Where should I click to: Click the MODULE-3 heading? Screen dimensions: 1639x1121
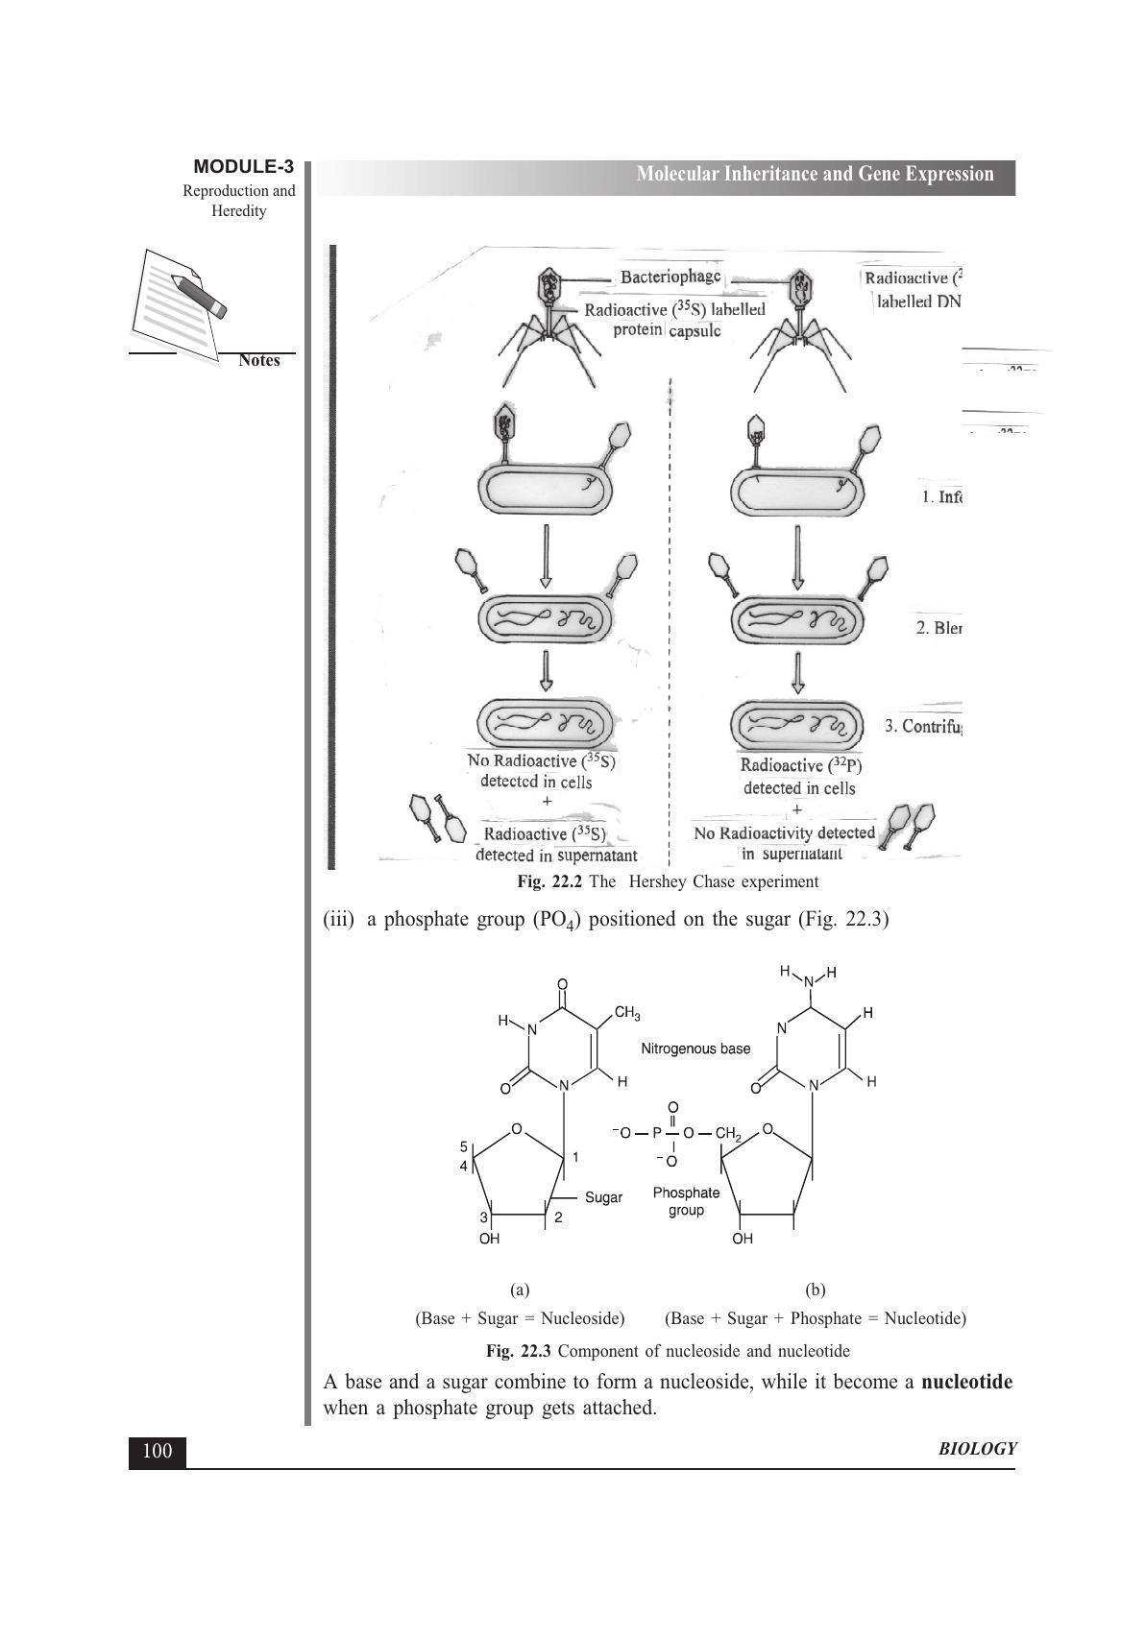pos(243,167)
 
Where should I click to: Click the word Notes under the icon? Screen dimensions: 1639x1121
pos(258,361)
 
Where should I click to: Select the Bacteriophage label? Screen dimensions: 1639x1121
pos(670,277)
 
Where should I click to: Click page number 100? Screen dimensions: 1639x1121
pos(157,1451)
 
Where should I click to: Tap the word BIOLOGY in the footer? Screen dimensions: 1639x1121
pos(976,1449)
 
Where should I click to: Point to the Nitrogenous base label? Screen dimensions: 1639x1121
pos(695,1048)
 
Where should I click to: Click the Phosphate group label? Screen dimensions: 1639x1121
pos(686,1201)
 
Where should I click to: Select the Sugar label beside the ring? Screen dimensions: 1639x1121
pos(603,1197)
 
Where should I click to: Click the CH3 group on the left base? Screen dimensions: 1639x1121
pos(627,1013)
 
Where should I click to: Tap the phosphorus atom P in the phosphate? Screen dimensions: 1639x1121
pos(657,1133)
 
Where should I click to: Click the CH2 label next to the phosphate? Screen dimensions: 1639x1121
pos(727,1134)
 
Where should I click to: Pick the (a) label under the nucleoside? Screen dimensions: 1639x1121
pos(520,1290)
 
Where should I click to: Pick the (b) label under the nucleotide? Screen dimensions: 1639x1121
pos(816,1290)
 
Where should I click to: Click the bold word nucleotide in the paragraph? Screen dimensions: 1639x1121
pos(965,1383)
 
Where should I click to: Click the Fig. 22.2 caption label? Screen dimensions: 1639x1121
pos(549,881)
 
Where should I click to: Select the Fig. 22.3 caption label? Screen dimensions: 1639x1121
pos(519,1351)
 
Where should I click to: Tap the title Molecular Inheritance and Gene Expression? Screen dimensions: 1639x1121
pos(815,174)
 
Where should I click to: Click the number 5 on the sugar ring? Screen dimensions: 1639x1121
pos(463,1146)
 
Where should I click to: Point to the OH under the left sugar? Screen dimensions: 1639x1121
pos(489,1239)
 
